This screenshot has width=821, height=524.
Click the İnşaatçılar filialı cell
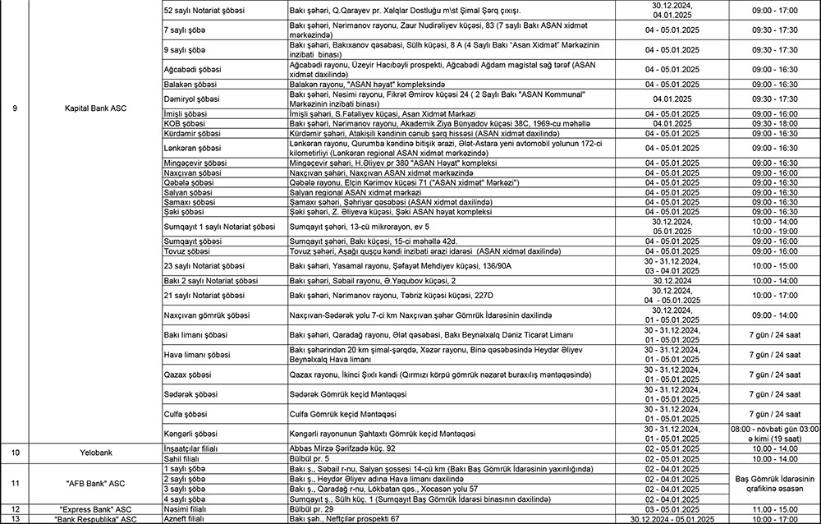tap(194, 448)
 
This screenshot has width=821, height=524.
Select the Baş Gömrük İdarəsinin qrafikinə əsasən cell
tap(774, 483)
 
